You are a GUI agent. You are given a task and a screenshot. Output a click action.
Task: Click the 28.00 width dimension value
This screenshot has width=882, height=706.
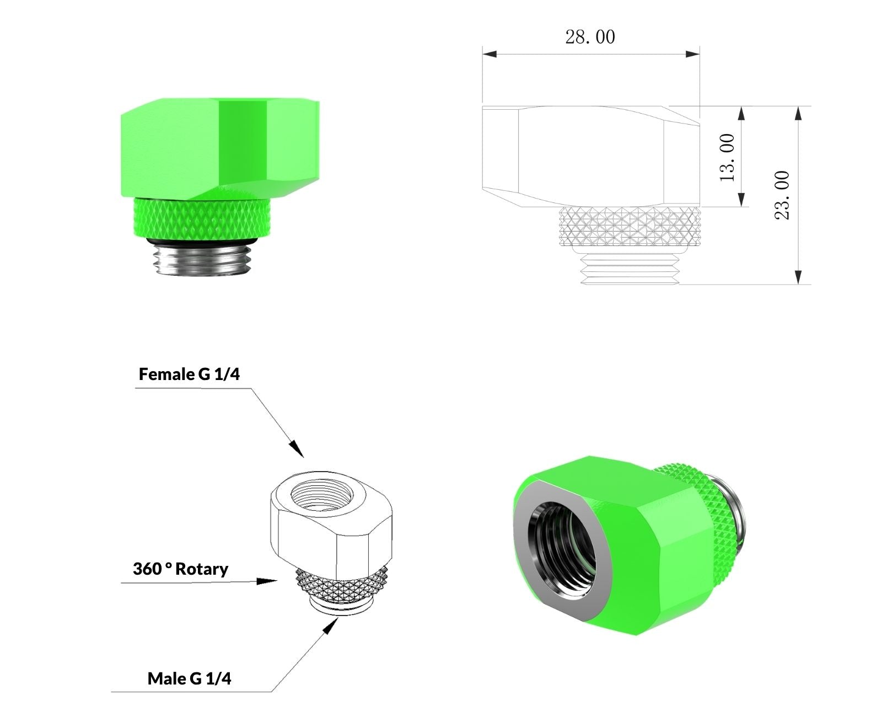(590, 37)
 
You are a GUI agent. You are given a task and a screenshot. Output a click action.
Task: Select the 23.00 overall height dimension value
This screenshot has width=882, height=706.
(782, 195)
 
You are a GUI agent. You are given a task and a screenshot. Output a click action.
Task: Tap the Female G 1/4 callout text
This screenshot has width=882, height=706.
(189, 374)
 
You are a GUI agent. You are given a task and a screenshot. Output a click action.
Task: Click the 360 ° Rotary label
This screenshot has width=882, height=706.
(180, 569)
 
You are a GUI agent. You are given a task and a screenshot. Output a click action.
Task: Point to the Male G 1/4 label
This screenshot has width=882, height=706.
(189, 678)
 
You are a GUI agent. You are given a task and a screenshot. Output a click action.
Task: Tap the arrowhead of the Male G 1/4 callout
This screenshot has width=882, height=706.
(330, 626)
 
